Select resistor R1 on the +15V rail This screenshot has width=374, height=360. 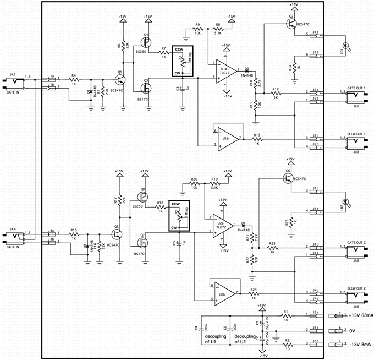286,315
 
